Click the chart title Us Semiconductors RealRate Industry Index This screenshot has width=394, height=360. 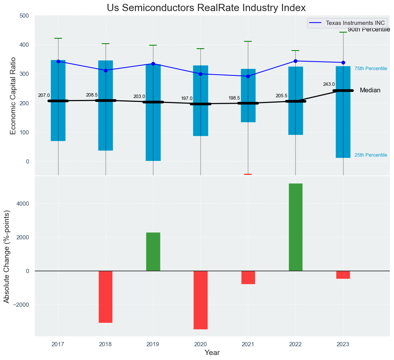[x=206, y=8]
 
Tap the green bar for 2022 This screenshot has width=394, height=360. [x=295, y=227]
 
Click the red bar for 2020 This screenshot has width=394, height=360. [x=200, y=300]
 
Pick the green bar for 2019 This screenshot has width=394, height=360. [x=153, y=252]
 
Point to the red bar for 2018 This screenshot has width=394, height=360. [x=106, y=297]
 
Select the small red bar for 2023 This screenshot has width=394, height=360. [x=343, y=275]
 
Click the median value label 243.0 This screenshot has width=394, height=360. [x=329, y=84]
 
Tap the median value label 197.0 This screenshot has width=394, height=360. [x=187, y=98]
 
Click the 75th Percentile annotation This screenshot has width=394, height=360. [x=371, y=69]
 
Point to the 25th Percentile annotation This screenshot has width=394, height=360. [x=371, y=155]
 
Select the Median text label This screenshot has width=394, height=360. [x=370, y=90]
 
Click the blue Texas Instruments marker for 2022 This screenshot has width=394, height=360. [x=295, y=61]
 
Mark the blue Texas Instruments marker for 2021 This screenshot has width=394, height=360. [x=248, y=76]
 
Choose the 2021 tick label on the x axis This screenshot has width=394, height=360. [x=248, y=344]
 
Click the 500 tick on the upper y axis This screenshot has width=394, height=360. [x=24, y=16]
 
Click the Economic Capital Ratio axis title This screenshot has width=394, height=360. [x=13, y=96]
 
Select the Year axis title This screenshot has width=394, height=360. [x=212, y=353]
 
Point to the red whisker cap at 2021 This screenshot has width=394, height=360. [x=248, y=174]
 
